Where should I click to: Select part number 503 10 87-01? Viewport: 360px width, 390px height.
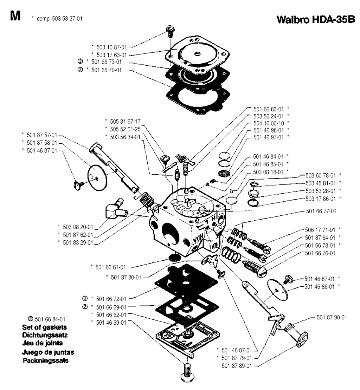pos(109,47)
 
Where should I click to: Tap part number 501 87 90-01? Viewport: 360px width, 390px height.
pos(332,317)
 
